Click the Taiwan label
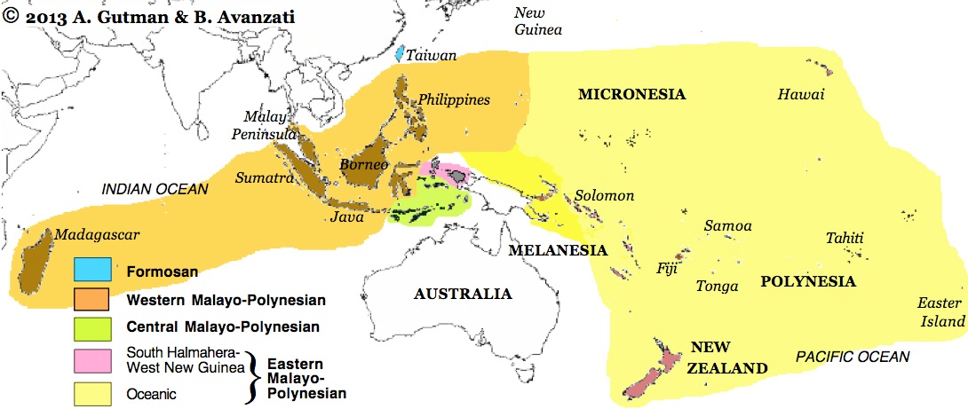[432, 55]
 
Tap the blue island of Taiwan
[401, 53]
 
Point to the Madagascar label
[97, 234]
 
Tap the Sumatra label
[264, 177]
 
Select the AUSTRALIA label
[463, 294]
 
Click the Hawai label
[801, 95]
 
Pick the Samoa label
[727, 226]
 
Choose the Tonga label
[717, 286]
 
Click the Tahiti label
[845, 238]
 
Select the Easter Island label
[940, 311]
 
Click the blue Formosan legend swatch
[92, 269]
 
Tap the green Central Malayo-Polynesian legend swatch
[92, 326]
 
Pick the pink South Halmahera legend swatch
[92, 359]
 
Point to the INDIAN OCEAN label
[155, 189]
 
